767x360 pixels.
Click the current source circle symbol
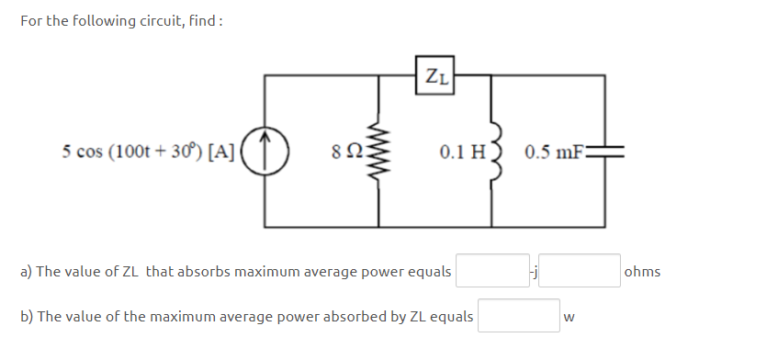coord(266,151)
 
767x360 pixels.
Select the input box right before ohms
coord(585,271)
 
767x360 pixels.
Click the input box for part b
coord(518,316)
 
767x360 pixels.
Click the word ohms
coord(642,272)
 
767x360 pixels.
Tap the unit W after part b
coord(570,318)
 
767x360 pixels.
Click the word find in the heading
coord(205,21)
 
